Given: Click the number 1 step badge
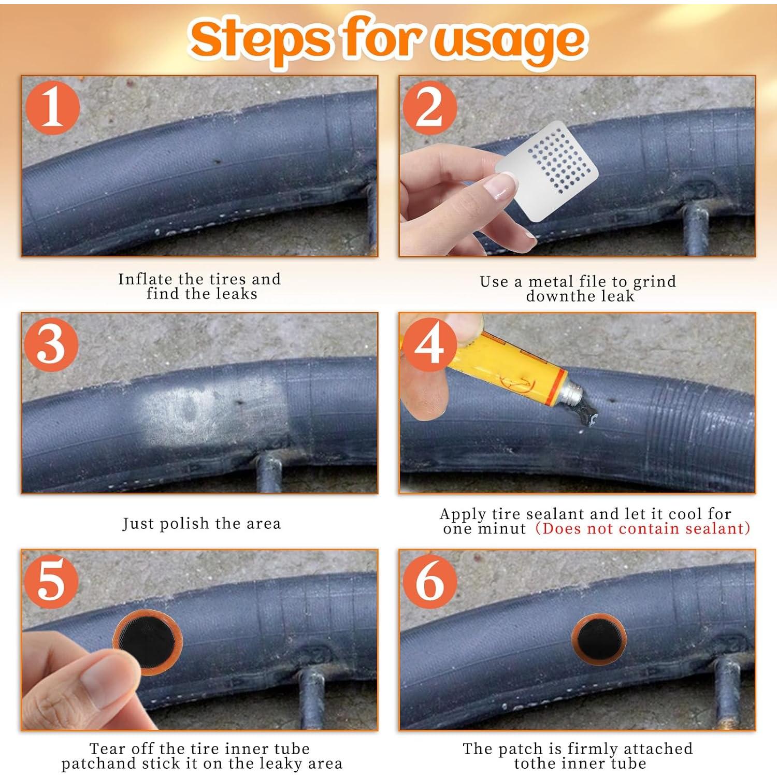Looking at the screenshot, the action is pos(53,108).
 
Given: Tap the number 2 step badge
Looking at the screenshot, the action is pos(430,108).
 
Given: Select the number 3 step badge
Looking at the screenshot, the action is pos(51,344).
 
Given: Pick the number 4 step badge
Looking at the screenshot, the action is pos(430,344).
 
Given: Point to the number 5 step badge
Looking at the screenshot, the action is pos(51,581).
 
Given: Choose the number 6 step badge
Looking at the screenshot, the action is pos(430,581).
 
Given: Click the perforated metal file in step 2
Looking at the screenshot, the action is pos(547,171).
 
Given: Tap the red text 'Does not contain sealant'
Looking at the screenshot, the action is pos(643,528).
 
